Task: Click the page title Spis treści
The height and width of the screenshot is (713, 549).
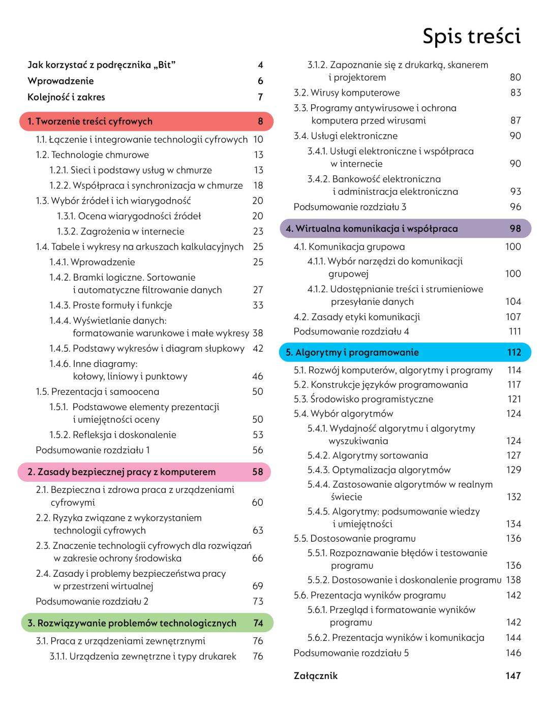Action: pos(471,37)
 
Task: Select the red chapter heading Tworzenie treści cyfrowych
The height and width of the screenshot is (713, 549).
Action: pos(90,121)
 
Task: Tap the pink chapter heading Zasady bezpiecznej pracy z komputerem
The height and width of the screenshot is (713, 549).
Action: pos(121,472)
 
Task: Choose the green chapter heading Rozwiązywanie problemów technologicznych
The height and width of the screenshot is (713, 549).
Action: pos(132,623)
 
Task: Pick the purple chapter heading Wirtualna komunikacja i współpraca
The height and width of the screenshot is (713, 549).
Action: pos(372,229)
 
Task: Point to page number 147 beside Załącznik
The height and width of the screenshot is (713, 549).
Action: pos(513,676)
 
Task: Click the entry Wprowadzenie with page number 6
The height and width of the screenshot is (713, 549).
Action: pos(60,81)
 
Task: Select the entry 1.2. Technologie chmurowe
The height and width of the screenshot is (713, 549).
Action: pos(92,155)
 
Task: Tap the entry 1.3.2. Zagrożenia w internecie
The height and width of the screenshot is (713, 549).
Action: pos(120,231)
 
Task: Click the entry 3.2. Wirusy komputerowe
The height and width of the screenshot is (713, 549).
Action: pos(347,93)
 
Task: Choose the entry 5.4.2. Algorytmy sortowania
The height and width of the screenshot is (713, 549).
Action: pos(368,456)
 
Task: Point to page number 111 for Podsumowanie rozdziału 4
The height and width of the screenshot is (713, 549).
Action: pos(514,331)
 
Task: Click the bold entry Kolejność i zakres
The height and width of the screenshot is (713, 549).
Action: pos(66,97)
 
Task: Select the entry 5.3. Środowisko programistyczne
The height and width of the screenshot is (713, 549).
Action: pos(363,399)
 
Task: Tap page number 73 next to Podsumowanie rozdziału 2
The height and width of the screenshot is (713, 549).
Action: pos(258,602)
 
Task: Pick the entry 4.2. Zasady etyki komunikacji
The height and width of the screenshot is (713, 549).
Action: pos(357,317)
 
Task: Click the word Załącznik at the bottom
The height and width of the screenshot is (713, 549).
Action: pos(316,676)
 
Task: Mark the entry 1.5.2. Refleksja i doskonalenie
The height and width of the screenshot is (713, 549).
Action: pos(113,435)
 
